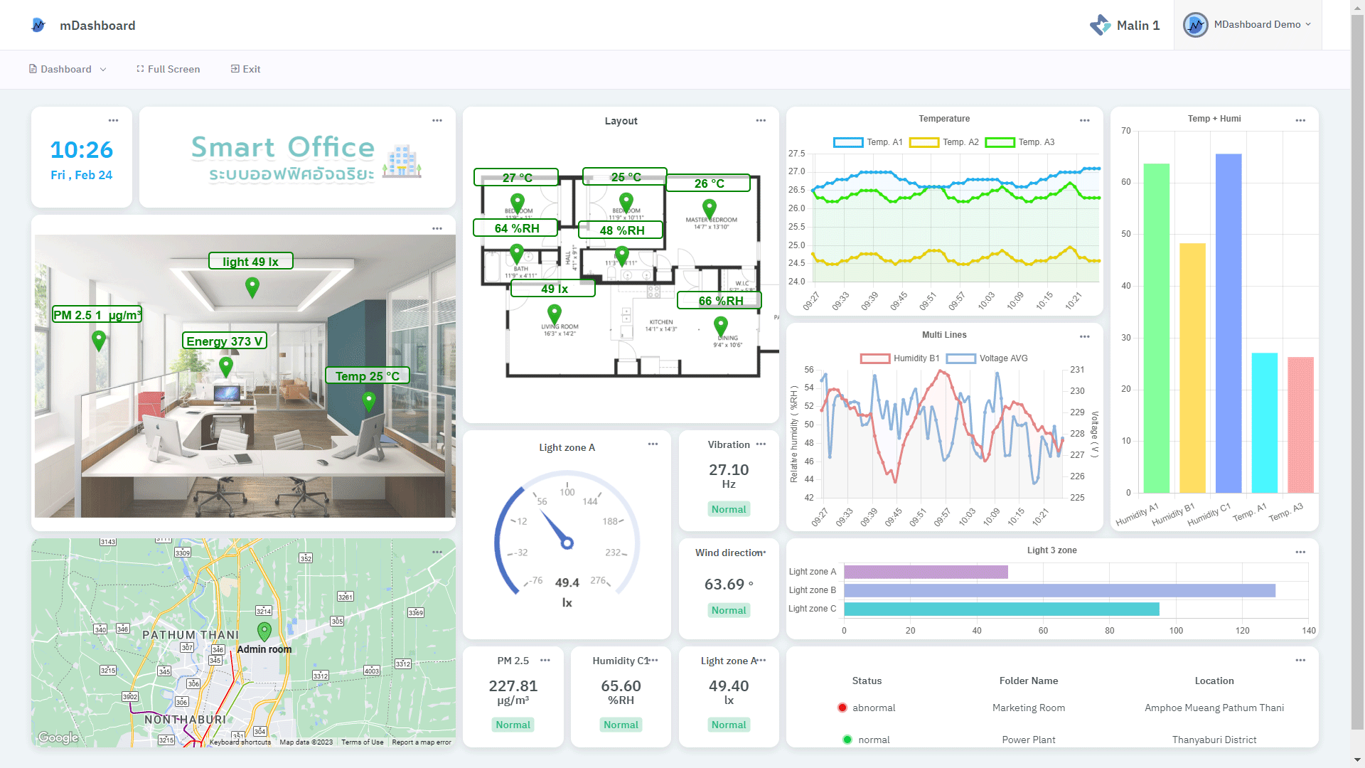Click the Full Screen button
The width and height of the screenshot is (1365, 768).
(x=168, y=69)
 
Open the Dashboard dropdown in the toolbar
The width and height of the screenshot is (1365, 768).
(x=68, y=69)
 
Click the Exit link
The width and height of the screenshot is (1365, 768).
(x=246, y=69)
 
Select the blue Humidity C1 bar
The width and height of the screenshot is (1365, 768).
(x=1228, y=324)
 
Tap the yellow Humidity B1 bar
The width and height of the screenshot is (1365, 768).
(x=1192, y=368)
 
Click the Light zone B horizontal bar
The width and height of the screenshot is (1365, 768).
(x=1059, y=590)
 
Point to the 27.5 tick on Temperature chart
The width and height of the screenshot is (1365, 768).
(x=796, y=154)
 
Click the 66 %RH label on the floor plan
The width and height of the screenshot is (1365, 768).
(x=719, y=301)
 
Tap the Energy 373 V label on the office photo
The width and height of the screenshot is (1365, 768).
(x=225, y=341)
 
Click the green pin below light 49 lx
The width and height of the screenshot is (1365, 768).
(x=252, y=287)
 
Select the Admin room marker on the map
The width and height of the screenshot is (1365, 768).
(x=264, y=631)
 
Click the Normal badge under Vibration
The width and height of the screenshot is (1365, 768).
(x=729, y=509)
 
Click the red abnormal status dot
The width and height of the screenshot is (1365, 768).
(x=842, y=708)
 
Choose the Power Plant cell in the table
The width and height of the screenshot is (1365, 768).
(x=1028, y=740)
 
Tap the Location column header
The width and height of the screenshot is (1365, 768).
(x=1214, y=681)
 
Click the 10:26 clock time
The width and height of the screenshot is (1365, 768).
(x=82, y=150)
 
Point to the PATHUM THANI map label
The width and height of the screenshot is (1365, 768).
(x=191, y=635)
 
